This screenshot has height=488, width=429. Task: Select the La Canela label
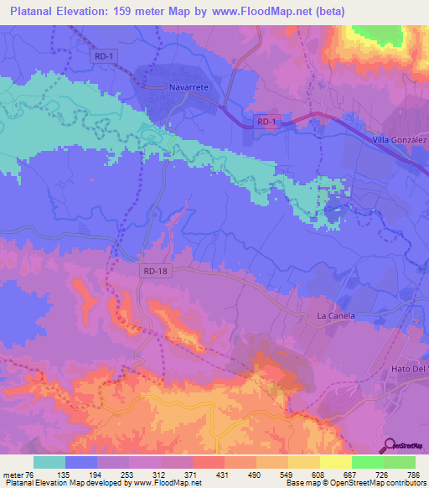pos(335,315)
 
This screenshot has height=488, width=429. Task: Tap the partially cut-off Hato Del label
pos(411,367)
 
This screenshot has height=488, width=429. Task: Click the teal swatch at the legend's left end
pos(49,462)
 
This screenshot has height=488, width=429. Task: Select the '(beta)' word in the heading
pos(328,12)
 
